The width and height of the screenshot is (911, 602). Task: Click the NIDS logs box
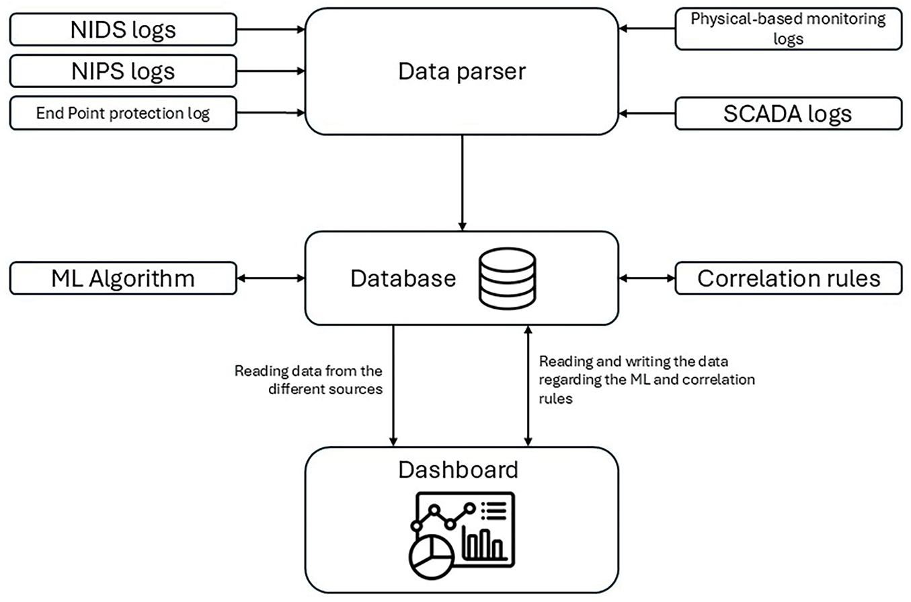(x=123, y=30)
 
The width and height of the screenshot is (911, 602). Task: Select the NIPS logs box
(x=123, y=71)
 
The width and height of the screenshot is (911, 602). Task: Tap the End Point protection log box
(x=123, y=113)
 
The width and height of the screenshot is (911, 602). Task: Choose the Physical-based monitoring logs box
(x=789, y=29)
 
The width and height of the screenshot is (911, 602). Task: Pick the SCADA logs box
(x=789, y=114)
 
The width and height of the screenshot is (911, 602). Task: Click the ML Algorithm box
(x=123, y=278)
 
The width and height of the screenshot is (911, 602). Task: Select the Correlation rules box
(x=789, y=278)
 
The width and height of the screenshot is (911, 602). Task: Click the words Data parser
(x=462, y=71)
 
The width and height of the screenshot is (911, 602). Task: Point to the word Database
(x=403, y=278)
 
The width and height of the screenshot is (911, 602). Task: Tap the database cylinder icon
(x=507, y=278)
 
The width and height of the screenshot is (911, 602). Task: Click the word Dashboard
(x=459, y=470)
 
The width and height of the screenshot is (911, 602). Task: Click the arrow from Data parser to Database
(x=462, y=183)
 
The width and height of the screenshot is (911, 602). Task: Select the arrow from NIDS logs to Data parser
(x=271, y=30)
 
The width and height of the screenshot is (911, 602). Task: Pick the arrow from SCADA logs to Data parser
(x=647, y=114)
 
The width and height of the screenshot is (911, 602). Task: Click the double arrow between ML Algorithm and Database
(x=271, y=278)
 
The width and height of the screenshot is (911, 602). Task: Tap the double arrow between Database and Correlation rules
(x=647, y=278)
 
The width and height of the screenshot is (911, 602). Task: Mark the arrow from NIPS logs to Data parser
(x=271, y=71)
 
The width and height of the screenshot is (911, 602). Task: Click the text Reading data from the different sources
(x=309, y=380)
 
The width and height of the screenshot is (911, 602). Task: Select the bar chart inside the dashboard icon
(x=484, y=543)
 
